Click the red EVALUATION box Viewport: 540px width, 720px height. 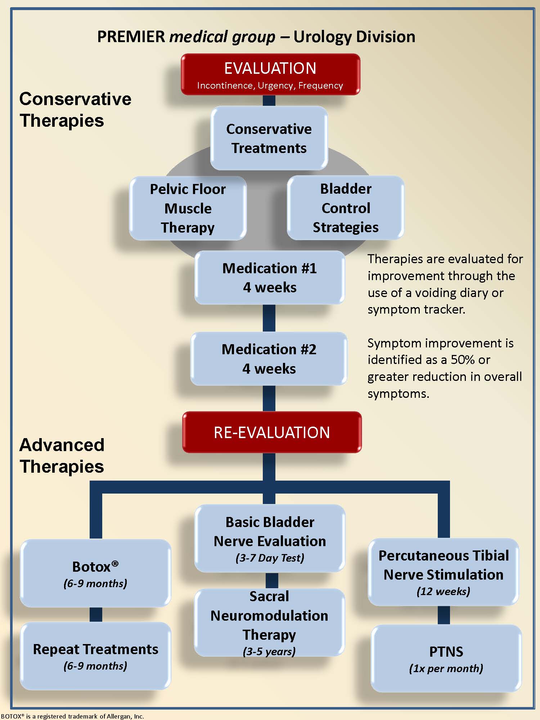point(270,75)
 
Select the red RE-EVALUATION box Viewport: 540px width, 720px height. point(272,432)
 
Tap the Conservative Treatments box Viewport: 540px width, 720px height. point(269,138)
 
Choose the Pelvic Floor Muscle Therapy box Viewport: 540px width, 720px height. point(188,208)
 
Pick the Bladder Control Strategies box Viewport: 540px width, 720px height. point(346,208)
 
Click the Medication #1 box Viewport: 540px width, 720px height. point(270,278)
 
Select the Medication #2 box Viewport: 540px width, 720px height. point(269,359)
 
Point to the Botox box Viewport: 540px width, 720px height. point(95,573)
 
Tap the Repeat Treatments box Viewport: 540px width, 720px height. point(95,656)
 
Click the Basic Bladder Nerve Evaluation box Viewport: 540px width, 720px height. point(270,538)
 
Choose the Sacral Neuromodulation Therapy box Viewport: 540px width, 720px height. point(269,622)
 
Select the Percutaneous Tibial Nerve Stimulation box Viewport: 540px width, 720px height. point(444,572)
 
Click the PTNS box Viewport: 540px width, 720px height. point(446,658)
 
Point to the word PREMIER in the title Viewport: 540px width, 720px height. point(131,37)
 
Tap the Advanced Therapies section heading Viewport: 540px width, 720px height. point(62,455)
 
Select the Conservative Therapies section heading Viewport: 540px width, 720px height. point(75,109)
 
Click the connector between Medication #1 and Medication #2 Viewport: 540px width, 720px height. point(269,318)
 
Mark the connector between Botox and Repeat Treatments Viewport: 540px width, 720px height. point(96,615)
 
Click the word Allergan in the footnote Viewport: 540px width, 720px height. point(120,716)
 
